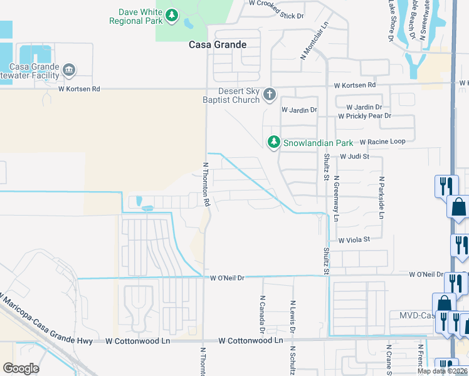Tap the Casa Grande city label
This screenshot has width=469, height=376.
pos(218,45)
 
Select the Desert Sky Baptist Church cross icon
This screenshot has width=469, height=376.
pos(270,95)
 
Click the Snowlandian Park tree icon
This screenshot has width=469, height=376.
pos(273,143)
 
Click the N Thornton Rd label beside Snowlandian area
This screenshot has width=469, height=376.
pos(205,184)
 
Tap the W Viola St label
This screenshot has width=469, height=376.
pos(354,239)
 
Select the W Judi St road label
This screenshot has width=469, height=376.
pos(355,157)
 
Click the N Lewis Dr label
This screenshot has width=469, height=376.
pos(292,317)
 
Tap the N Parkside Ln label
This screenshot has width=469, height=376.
pos(381,197)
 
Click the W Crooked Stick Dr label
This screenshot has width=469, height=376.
pos(276,3)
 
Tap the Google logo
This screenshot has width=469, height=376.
pos(21,368)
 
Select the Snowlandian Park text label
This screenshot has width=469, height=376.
pos(319,143)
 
